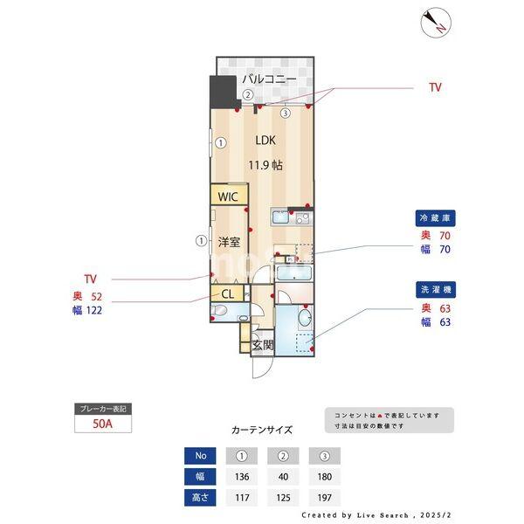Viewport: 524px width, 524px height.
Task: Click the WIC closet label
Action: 228,196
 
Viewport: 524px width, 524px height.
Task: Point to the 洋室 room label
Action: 230,241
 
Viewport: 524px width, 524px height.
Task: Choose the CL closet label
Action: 227,294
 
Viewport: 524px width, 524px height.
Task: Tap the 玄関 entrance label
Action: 263,345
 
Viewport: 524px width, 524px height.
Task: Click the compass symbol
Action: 434,22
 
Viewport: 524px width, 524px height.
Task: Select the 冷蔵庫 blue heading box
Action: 437,217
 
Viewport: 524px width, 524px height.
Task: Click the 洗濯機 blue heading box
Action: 437,289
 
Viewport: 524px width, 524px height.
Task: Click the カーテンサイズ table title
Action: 262,430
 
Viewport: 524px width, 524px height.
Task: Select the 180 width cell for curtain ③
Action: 324,477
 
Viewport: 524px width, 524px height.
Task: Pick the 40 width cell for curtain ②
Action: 283,477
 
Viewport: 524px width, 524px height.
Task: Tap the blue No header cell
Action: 201,455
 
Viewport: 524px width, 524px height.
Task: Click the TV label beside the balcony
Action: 434,87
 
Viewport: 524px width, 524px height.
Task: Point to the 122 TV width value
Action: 93,310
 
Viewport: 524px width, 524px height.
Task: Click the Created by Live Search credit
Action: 383,515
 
